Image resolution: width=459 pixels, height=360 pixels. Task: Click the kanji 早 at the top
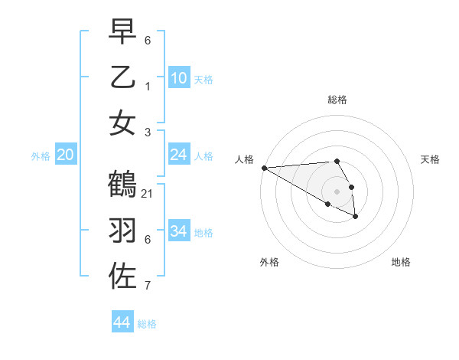point(122,32)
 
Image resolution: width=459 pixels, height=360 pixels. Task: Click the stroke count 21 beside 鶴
point(148,194)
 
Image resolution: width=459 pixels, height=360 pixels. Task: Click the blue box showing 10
point(178,78)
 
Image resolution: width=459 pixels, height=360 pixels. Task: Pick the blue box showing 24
point(178,155)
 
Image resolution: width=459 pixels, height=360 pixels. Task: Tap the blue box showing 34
point(178,231)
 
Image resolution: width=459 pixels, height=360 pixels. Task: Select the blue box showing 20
point(66,155)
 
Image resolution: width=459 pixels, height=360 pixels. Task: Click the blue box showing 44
point(122,323)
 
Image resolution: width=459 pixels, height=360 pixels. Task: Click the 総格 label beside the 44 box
point(147,324)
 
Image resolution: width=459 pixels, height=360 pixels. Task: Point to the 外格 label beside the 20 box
point(41,156)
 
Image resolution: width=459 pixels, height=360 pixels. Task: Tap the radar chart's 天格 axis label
point(430,159)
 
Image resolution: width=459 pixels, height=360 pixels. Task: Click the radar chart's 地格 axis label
point(401,262)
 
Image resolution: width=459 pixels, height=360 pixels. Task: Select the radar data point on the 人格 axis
point(263,168)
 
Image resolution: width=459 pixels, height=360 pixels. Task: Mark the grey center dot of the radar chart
point(337,191)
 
